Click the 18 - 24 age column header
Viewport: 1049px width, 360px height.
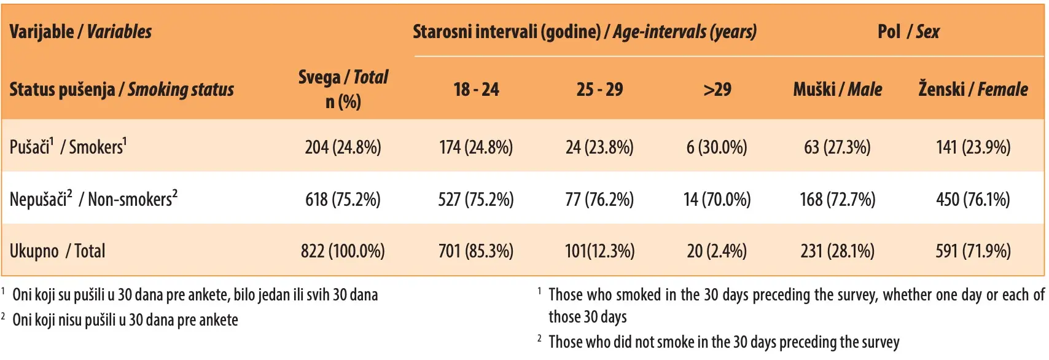coord(476,89)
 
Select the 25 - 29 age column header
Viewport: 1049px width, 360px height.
coord(599,89)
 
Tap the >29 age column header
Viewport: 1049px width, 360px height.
coord(717,89)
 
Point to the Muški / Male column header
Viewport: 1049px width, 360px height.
coord(837,89)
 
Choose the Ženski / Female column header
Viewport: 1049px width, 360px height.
coord(973,89)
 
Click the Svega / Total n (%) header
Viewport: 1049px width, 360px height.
coord(343,89)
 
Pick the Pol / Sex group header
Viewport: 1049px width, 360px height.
coord(908,31)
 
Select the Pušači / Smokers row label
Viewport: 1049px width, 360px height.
coord(68,147)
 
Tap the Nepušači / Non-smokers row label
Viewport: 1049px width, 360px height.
coord(93,198)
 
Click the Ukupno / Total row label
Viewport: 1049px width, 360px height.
coord(57,251)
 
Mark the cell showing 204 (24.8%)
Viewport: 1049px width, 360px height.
coord(343,147)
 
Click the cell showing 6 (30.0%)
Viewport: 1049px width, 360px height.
coord(717,147)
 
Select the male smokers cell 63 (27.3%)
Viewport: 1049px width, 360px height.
coord(837,147)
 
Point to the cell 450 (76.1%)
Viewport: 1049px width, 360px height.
coord(973,200)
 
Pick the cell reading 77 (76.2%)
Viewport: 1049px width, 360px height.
coord(599,200)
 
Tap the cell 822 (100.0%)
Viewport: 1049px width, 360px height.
coord(343,251)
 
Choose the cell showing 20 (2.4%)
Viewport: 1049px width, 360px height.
coord(717,251)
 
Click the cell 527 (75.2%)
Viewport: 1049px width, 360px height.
coord(476,200)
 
